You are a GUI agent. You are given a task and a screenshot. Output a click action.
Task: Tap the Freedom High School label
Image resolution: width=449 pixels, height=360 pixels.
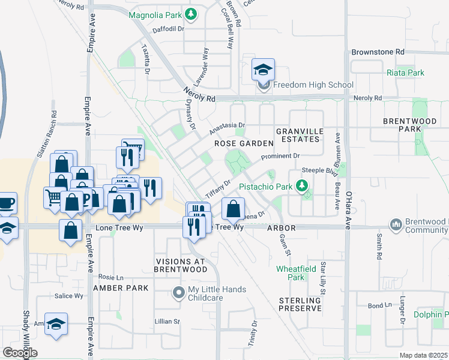click(313, 85)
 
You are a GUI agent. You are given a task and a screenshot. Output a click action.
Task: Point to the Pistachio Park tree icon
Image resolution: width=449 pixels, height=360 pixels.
click(303, 187)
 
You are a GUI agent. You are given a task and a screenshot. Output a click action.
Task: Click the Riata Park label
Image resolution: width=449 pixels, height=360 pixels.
click(406, 73)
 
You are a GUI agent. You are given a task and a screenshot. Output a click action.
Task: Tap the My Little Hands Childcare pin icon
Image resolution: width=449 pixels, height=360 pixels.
click(178, 293)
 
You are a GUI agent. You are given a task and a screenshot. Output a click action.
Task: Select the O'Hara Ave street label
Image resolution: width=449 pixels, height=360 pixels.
click(348, 210)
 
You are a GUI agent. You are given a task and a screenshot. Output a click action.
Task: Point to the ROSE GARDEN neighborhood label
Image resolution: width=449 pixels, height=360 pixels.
click(244, 144)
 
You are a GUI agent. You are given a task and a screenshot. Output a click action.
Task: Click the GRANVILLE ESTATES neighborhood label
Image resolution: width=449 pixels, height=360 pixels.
click(299, 135)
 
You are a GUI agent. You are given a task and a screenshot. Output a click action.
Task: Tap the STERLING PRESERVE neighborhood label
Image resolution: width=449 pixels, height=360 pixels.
click(300, 304)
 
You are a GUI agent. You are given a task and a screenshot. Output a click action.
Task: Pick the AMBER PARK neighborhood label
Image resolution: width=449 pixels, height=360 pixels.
click(121, 288)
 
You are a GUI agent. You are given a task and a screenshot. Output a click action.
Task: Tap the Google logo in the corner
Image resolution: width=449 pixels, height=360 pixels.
click(20, 353)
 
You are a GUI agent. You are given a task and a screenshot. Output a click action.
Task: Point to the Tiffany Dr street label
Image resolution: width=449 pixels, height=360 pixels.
click(218, 191)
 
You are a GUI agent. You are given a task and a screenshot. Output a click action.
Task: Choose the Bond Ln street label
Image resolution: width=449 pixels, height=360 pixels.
click(379, 306)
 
